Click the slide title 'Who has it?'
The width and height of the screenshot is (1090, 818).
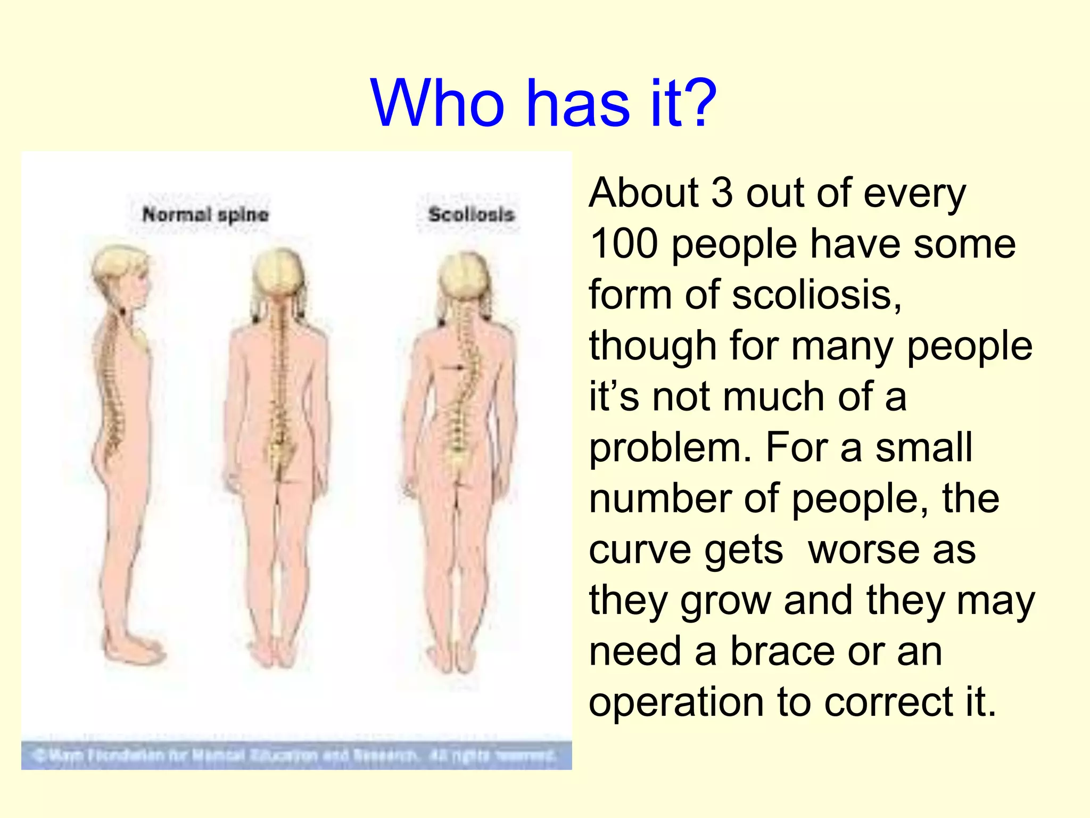[x=544, y=103]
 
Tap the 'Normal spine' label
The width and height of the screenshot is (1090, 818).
[x=205, y=215]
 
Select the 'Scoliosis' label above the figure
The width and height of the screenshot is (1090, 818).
[x=471, y=215]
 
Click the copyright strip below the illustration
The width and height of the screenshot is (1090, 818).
[x=296, y=755]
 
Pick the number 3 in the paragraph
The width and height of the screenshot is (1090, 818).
[x=722, y=193]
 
